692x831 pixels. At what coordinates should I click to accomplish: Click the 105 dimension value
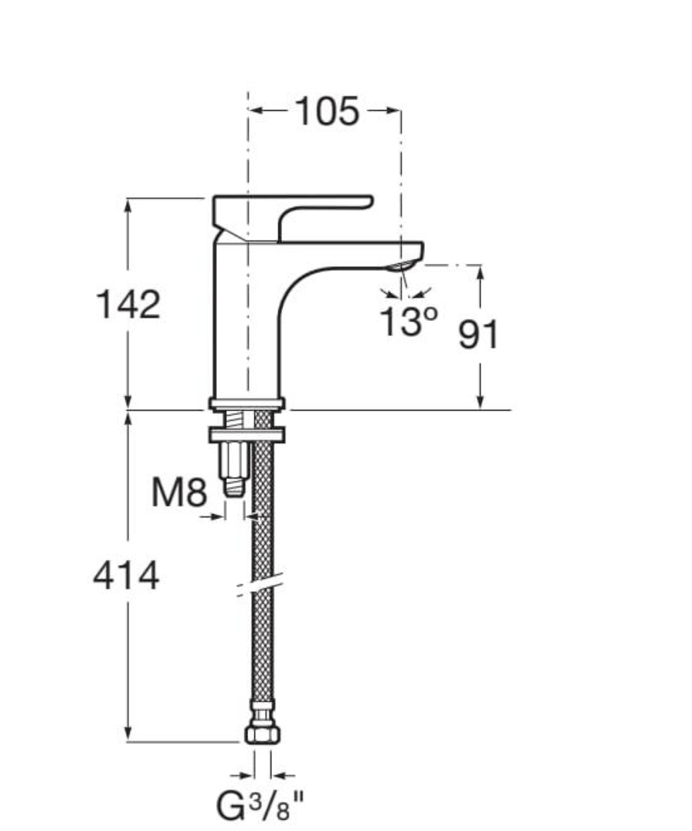pos(326,111)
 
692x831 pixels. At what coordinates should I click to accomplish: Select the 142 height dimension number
pos(128,305)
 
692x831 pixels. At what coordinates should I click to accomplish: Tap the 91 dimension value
pos(478,334)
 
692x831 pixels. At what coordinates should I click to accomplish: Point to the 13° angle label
pos(407,322)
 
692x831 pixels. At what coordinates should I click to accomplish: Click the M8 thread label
pos(179,493)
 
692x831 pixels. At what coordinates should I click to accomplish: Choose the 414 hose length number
pos(126,576)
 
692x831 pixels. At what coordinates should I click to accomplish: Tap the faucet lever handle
pos(324,203)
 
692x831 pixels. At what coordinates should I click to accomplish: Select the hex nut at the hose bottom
pos(262,734)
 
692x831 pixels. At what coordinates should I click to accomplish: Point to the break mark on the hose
pos(260,585)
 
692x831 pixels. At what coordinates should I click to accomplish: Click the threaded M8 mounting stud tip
pos(235,487)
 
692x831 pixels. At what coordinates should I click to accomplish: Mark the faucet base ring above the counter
pos(247,404)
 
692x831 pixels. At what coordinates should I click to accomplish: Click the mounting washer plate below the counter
pos(247,435)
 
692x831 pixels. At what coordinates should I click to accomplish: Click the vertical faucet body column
pos(247,324)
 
